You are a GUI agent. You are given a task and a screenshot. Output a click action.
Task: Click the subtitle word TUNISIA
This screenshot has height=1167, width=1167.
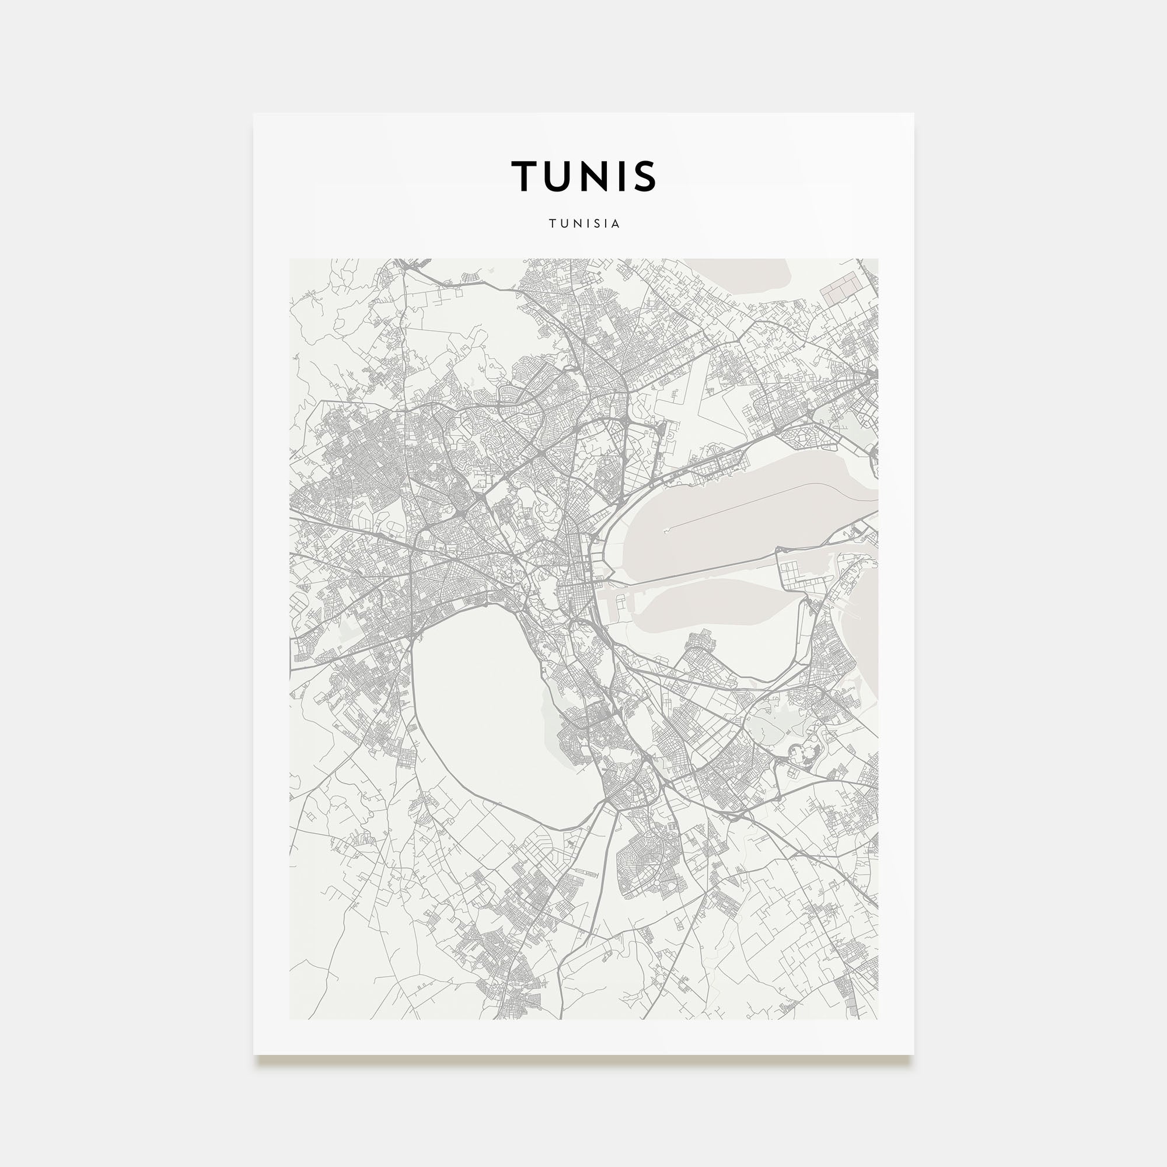583,223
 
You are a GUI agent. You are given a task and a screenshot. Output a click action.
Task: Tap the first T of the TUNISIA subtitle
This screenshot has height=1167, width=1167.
552,223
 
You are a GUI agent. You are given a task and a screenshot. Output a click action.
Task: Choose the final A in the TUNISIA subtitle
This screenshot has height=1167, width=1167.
616,223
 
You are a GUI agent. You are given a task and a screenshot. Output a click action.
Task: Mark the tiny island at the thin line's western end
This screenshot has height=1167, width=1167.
666,531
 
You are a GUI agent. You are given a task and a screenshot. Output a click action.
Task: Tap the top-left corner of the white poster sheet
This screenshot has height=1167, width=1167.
254,114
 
